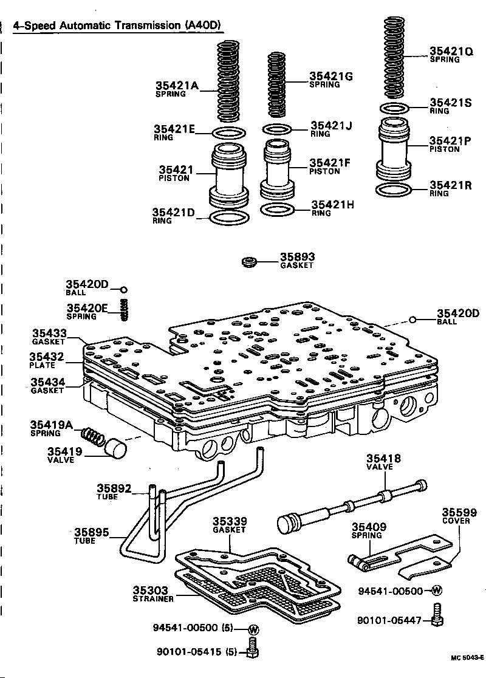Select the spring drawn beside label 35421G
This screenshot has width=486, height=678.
click(276, 85)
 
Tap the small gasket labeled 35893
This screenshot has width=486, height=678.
click(248, 263)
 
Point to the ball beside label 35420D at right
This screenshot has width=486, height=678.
click(412, 320)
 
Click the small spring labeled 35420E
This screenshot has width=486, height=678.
click(125, 310)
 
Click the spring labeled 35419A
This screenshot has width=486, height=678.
click(92, 436)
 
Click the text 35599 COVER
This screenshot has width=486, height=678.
click(459, 516)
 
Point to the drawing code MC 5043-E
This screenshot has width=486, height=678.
click(467, 657)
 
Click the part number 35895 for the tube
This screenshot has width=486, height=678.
click(91, 533)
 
